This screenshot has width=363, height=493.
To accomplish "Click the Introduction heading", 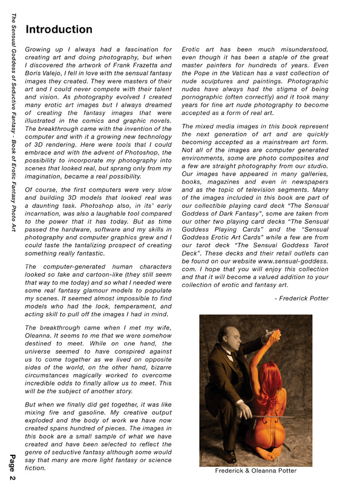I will pyautogui.click(x=59, y=29).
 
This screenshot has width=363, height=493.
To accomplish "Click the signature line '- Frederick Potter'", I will pyautogui.click(x=301, y=298).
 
